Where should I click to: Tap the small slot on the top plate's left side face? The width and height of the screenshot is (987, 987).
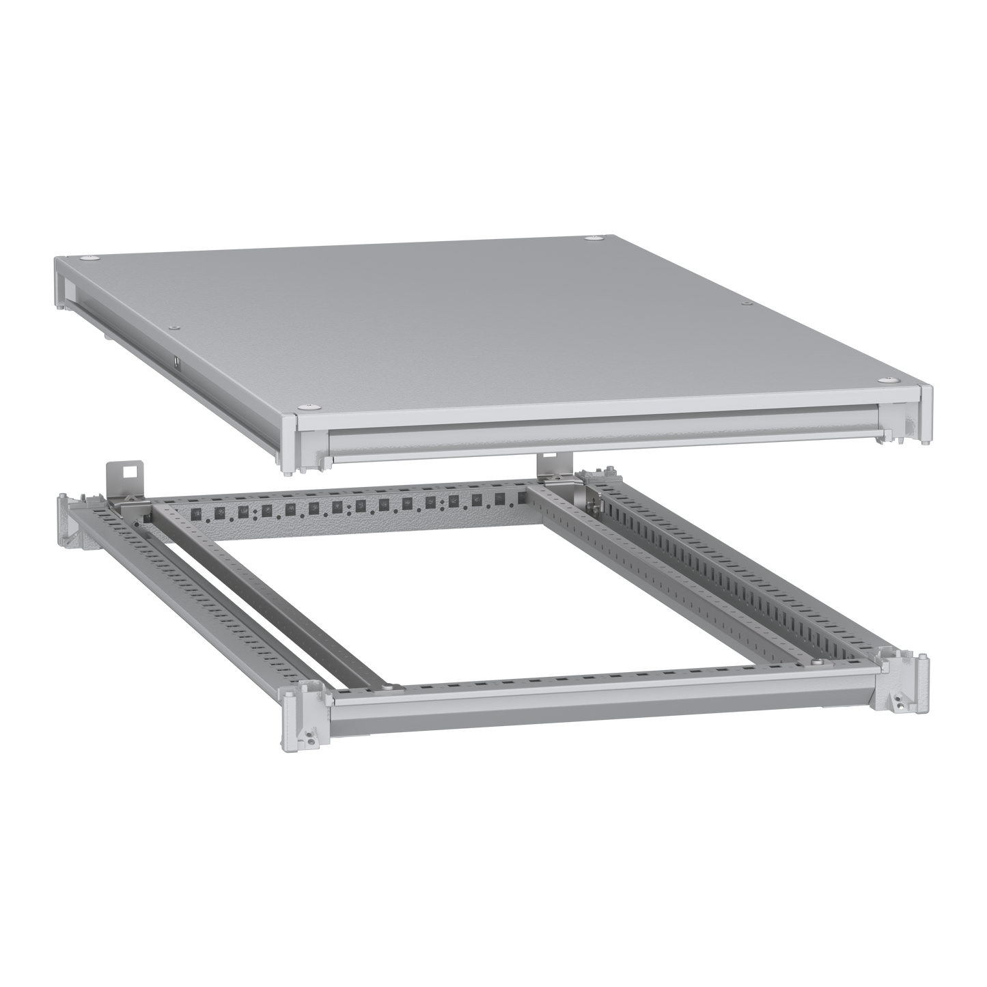click(x=175, y=361)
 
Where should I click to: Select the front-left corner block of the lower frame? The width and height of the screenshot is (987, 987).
click(x=301, y=714)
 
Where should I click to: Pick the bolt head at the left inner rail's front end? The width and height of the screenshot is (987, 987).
click(x=387, y=686)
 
